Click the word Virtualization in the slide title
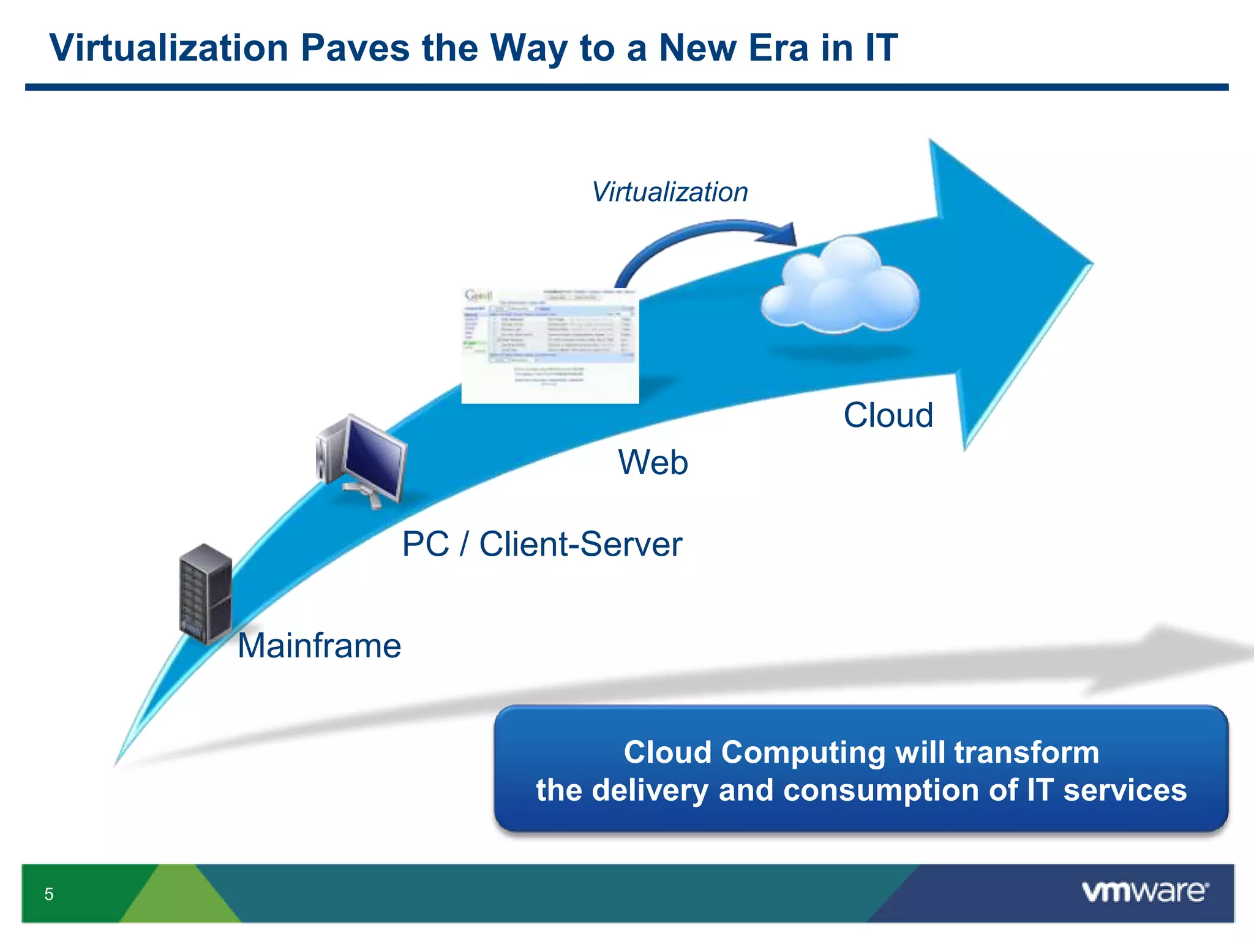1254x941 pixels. [x=168, y=48]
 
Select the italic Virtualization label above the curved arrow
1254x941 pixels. [x=670, y=192]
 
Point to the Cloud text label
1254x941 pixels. [x=888, y=415]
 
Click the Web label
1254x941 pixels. [x=653, y=462]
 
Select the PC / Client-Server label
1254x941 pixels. [x=542, y=544]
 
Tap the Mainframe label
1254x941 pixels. [x=319, y=646]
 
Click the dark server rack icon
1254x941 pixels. [x=206, y=593]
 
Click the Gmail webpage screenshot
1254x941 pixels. [x=550, y=346]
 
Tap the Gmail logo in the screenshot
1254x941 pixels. [x=478, y=295]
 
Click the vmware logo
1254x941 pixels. [x=1144, y=892]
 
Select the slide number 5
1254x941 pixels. [x=49, y=894]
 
